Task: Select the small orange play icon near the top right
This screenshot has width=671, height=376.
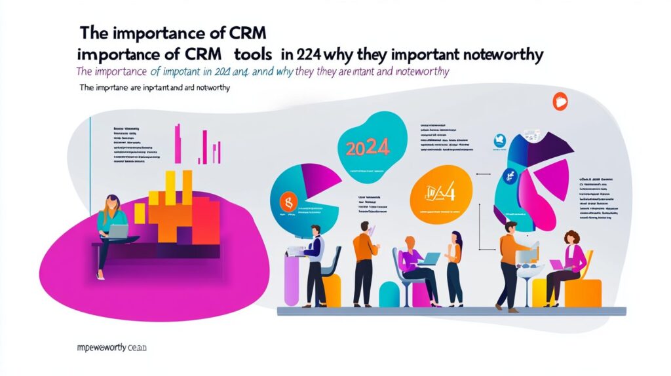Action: pyautogui.click(x=560, y=101)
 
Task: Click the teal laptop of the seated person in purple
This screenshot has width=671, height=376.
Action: pyautogui.click(x=430, y=259)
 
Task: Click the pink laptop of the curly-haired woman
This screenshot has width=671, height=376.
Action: pyautogui.click(x=557, y=265)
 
